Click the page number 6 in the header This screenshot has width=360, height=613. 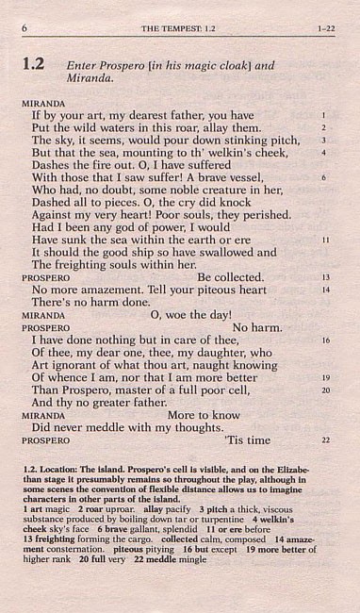coord(24,28)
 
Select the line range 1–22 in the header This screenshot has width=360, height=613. coord(327,28)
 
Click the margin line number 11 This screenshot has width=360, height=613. coord(324,240)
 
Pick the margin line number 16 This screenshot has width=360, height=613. coord(324,340)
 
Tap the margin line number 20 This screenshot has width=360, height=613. coord(324,389)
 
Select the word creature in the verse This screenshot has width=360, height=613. coord(246,189)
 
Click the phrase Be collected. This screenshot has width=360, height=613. coord(230,277)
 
